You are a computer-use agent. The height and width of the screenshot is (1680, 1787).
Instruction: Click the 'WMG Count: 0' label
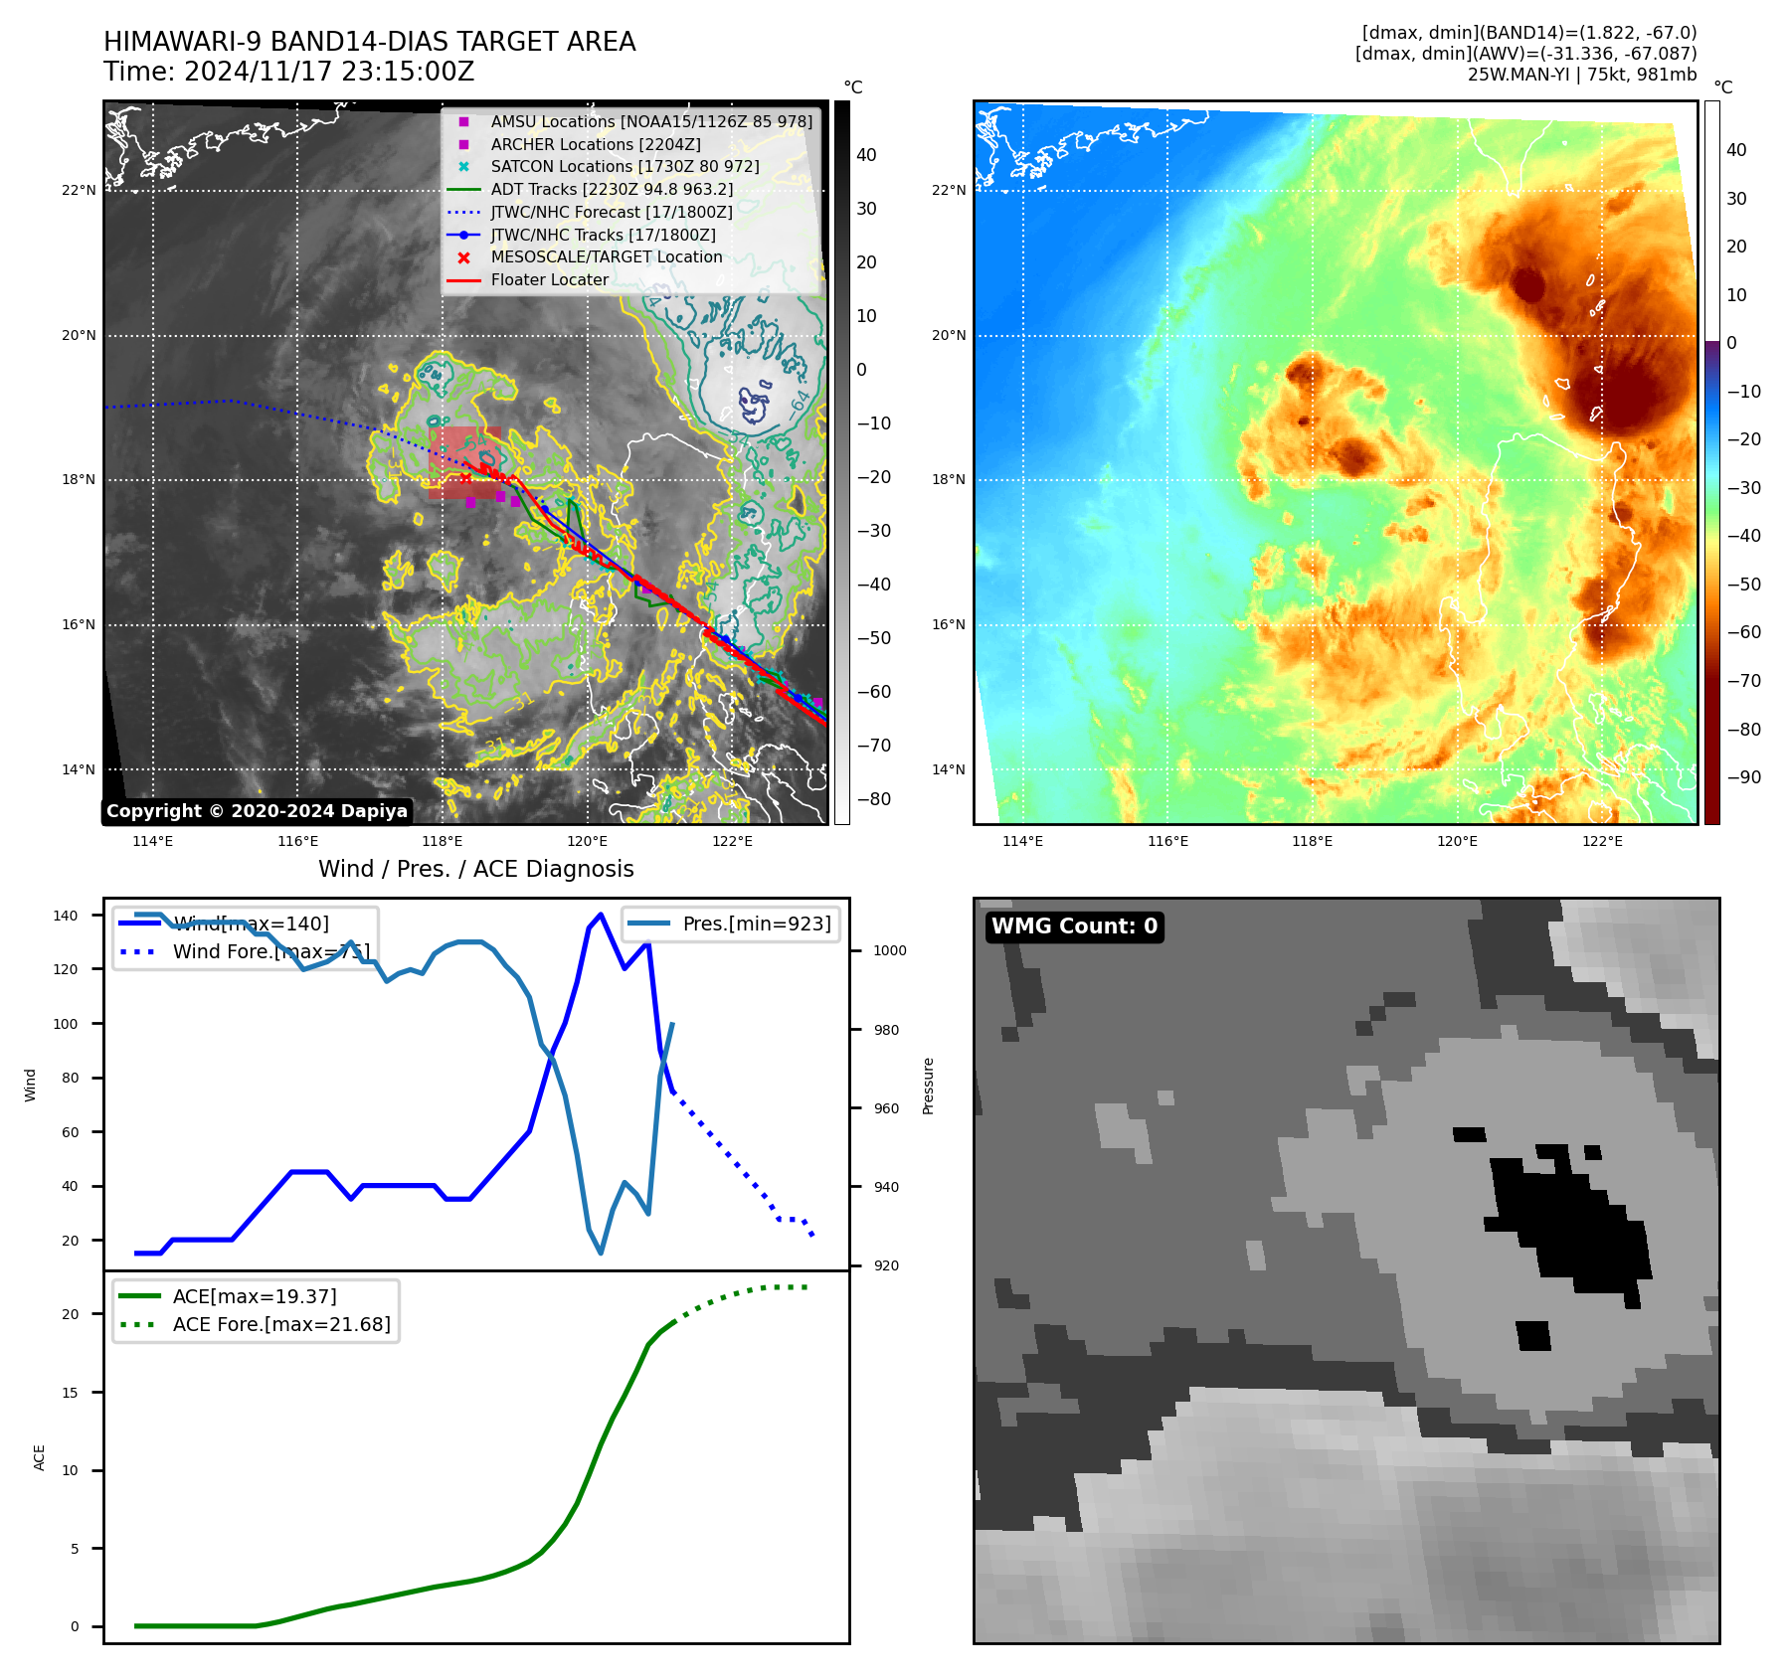point(1074,926)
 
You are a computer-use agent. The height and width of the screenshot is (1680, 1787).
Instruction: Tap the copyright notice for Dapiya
point(257,811)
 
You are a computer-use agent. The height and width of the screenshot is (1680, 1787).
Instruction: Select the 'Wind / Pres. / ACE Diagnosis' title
point(475,869)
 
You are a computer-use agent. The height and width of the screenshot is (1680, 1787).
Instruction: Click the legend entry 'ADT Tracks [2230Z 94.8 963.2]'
point(612,189)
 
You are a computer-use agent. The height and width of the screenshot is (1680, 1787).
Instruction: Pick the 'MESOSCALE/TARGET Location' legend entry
point(606,256)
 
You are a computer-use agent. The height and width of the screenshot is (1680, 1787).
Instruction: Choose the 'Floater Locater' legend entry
point(549,279)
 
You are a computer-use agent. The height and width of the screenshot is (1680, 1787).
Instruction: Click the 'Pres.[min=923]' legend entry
point(756,924)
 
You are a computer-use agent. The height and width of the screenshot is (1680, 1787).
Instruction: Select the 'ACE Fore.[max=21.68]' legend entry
point(281,1324)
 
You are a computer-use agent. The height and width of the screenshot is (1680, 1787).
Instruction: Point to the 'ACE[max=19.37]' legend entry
point(255,1296)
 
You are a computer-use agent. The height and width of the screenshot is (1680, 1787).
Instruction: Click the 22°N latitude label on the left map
point(79,191)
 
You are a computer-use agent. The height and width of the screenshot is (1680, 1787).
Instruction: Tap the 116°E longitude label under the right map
point(1167,841)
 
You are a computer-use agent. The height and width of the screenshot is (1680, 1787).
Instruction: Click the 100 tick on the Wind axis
point(66,1024)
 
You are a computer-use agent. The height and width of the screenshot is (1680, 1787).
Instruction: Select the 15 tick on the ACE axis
point(70,1393)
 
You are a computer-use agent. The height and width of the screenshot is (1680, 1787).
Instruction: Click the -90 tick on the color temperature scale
point(1743,777)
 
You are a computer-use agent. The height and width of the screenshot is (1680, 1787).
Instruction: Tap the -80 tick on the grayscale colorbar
point(874,799)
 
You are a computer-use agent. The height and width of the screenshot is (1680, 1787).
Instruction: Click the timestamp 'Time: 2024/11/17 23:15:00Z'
point(289,72)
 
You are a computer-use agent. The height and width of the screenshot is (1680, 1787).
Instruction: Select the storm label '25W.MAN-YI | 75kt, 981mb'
point(1581,75)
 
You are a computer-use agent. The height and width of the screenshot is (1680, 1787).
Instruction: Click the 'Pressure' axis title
point(928,1086)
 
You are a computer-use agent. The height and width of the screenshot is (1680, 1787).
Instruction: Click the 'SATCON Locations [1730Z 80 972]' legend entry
point(625,166)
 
